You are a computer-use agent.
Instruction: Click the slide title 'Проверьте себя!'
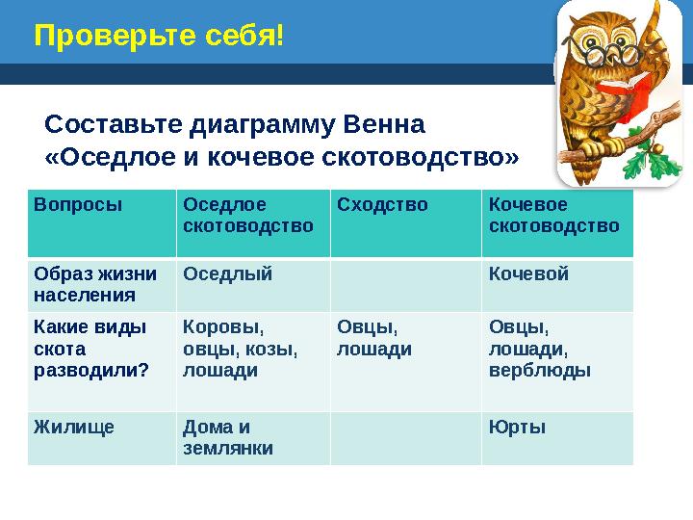click(159, 37)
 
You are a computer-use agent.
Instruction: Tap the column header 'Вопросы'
click(78, 205)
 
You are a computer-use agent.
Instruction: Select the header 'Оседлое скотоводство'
click(248, 216)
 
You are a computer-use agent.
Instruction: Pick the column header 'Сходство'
click(382, 205)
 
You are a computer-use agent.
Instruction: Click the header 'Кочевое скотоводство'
click(553, 216)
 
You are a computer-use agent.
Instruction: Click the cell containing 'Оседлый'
click(228, 274)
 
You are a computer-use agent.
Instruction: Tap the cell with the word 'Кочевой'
click(528, 274)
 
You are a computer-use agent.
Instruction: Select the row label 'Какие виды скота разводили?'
click(91, 349)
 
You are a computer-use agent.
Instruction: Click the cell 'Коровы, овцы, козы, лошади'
click(241, 349)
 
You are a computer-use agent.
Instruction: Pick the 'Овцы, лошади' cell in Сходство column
click(374, 338)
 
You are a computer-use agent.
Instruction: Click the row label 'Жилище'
click(74, 427)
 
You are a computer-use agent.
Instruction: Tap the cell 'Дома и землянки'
click(228, 437)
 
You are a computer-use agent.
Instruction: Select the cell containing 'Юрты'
click(517, 427)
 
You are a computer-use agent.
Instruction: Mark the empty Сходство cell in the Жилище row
click(405, 438)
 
